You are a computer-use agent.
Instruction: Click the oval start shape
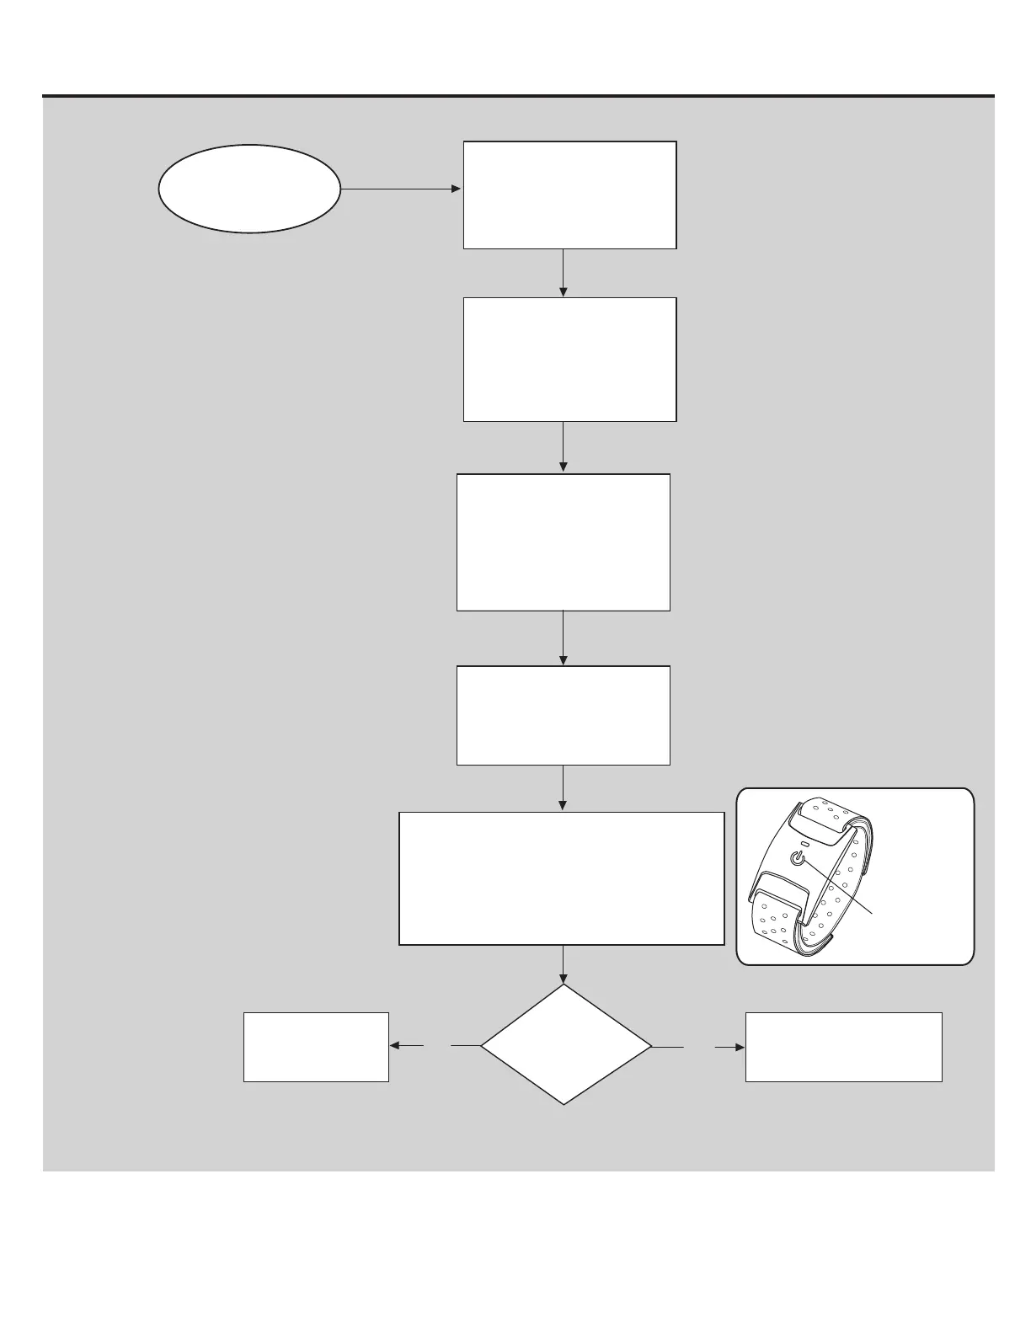tap(249, 189)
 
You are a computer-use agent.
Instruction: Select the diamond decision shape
tap(566, 1045)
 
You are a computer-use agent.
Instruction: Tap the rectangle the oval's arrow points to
tap(569, 195)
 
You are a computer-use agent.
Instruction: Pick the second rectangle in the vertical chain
tap(569, 359)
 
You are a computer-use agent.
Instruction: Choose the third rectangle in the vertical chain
tap(563, 542)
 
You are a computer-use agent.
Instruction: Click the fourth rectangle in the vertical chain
tap(563, 715)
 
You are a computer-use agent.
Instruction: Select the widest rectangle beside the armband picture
tap(561, 878)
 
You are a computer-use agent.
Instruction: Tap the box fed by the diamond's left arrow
tap(316, 1047)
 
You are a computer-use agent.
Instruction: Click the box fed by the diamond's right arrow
tap(843, 1047)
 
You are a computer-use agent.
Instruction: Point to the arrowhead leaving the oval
tap(457, 189)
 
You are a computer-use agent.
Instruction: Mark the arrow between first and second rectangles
tap(563, 273)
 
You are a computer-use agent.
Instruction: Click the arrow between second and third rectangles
tap(563, 447)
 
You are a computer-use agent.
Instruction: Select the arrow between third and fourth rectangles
tap(563, 638)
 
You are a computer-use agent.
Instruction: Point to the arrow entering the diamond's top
tap(563, 965)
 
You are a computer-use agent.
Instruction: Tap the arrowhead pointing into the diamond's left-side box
tap(394, 1046)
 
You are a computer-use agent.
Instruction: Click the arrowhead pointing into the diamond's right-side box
tap(740, 1048)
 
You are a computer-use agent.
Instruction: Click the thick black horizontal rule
tap(518, 96)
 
